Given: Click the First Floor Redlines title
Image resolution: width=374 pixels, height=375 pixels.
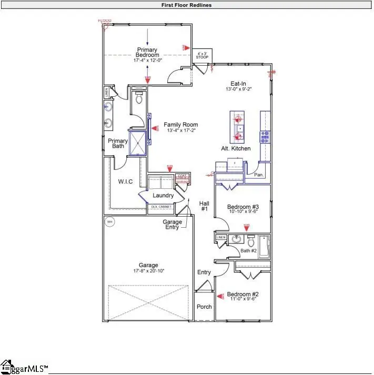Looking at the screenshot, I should [x=187, y=5].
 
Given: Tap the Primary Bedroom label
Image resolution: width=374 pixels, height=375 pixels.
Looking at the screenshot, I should [x=147, y=53].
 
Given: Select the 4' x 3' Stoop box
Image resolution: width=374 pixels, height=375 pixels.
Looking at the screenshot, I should [x=201, y=56].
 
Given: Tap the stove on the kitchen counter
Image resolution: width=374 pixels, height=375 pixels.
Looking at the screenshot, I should [x=265, y=137].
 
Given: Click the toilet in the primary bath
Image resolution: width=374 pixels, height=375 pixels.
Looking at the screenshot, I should [x=139, y=98].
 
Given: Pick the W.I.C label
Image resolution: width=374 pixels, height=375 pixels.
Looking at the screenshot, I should [x=125, y=182].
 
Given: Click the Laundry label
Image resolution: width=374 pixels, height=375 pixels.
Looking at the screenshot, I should [x=163, y=196].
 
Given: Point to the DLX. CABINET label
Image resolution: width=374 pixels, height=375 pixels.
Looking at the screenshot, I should [x=161, y=207].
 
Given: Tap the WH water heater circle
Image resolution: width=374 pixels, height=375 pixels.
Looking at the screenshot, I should [x=110, y=222].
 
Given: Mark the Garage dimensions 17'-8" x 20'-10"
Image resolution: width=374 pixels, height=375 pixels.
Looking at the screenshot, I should [x=148, y=270].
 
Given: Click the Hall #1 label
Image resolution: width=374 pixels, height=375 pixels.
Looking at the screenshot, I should [x=204, y=206].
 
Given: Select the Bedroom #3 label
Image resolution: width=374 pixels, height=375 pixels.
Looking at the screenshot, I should [x=242, y=207].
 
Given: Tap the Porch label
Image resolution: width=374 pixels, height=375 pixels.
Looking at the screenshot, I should [x=204, y=307].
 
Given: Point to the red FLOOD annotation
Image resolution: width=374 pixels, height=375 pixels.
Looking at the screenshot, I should [x=105, y=21].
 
